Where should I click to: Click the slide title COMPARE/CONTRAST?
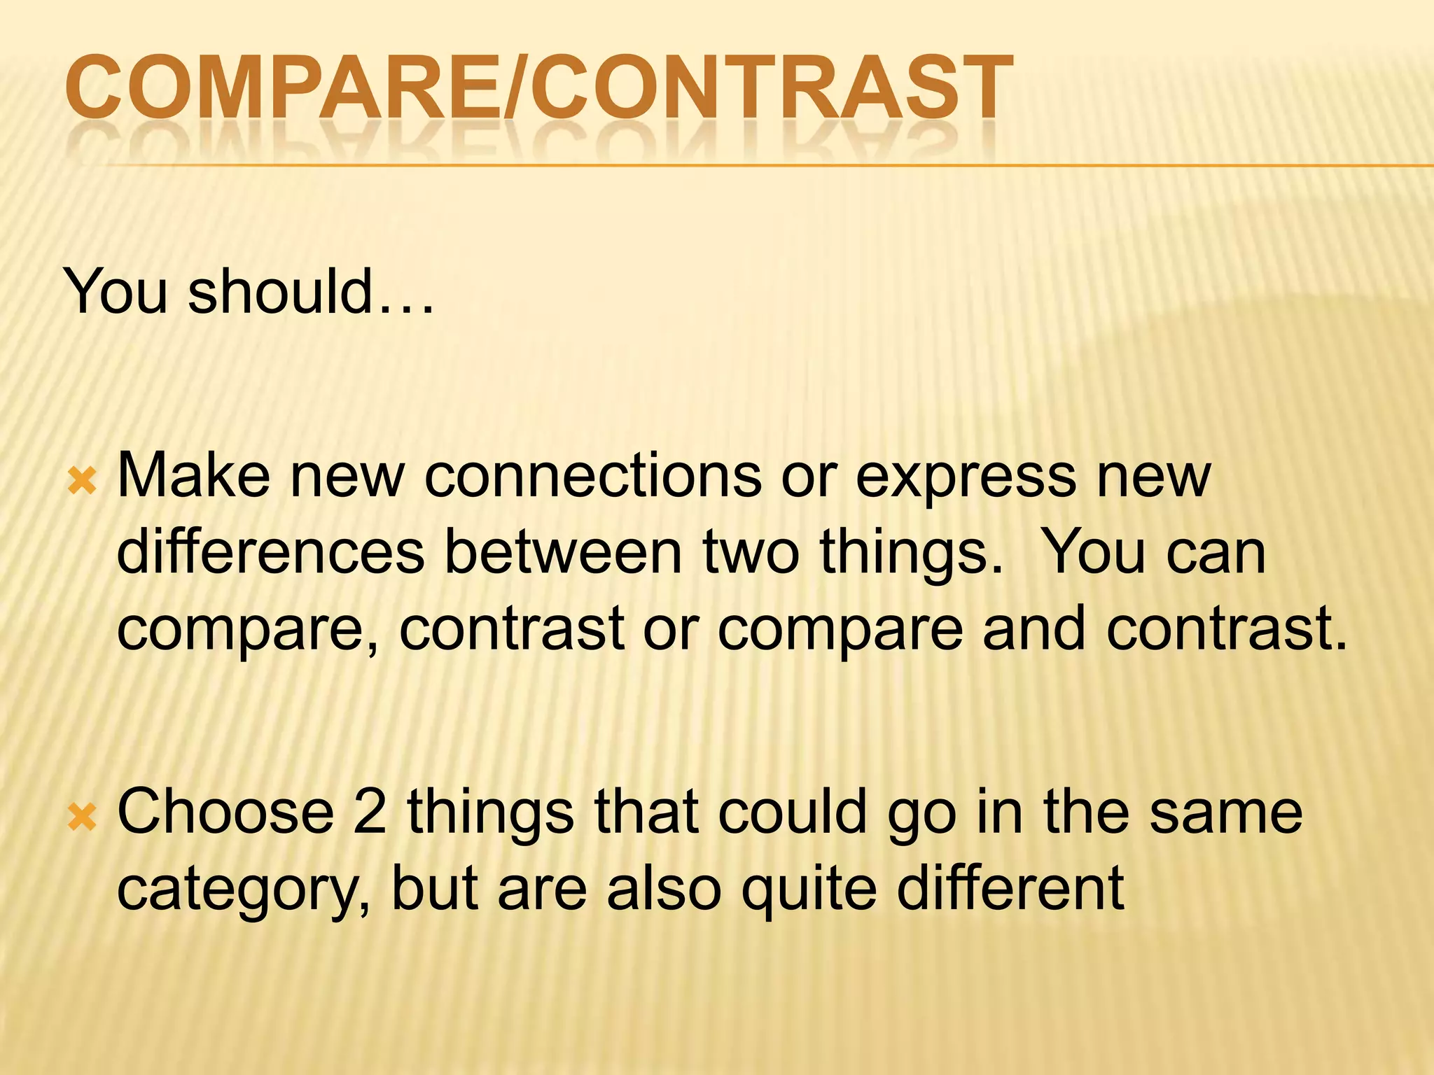click(x=538, y=90)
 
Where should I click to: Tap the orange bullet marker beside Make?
click(x=82, y=482)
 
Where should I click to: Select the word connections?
click(x=593, y=476)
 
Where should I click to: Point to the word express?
click(x=966, y=476)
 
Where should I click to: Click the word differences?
click(x=270, y=552)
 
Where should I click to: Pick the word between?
click(x=563, y=552)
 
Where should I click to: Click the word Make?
click(x=193, y=476)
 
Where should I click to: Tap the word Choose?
click(x=225, y=811)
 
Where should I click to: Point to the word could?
click(x=792, y=811)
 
